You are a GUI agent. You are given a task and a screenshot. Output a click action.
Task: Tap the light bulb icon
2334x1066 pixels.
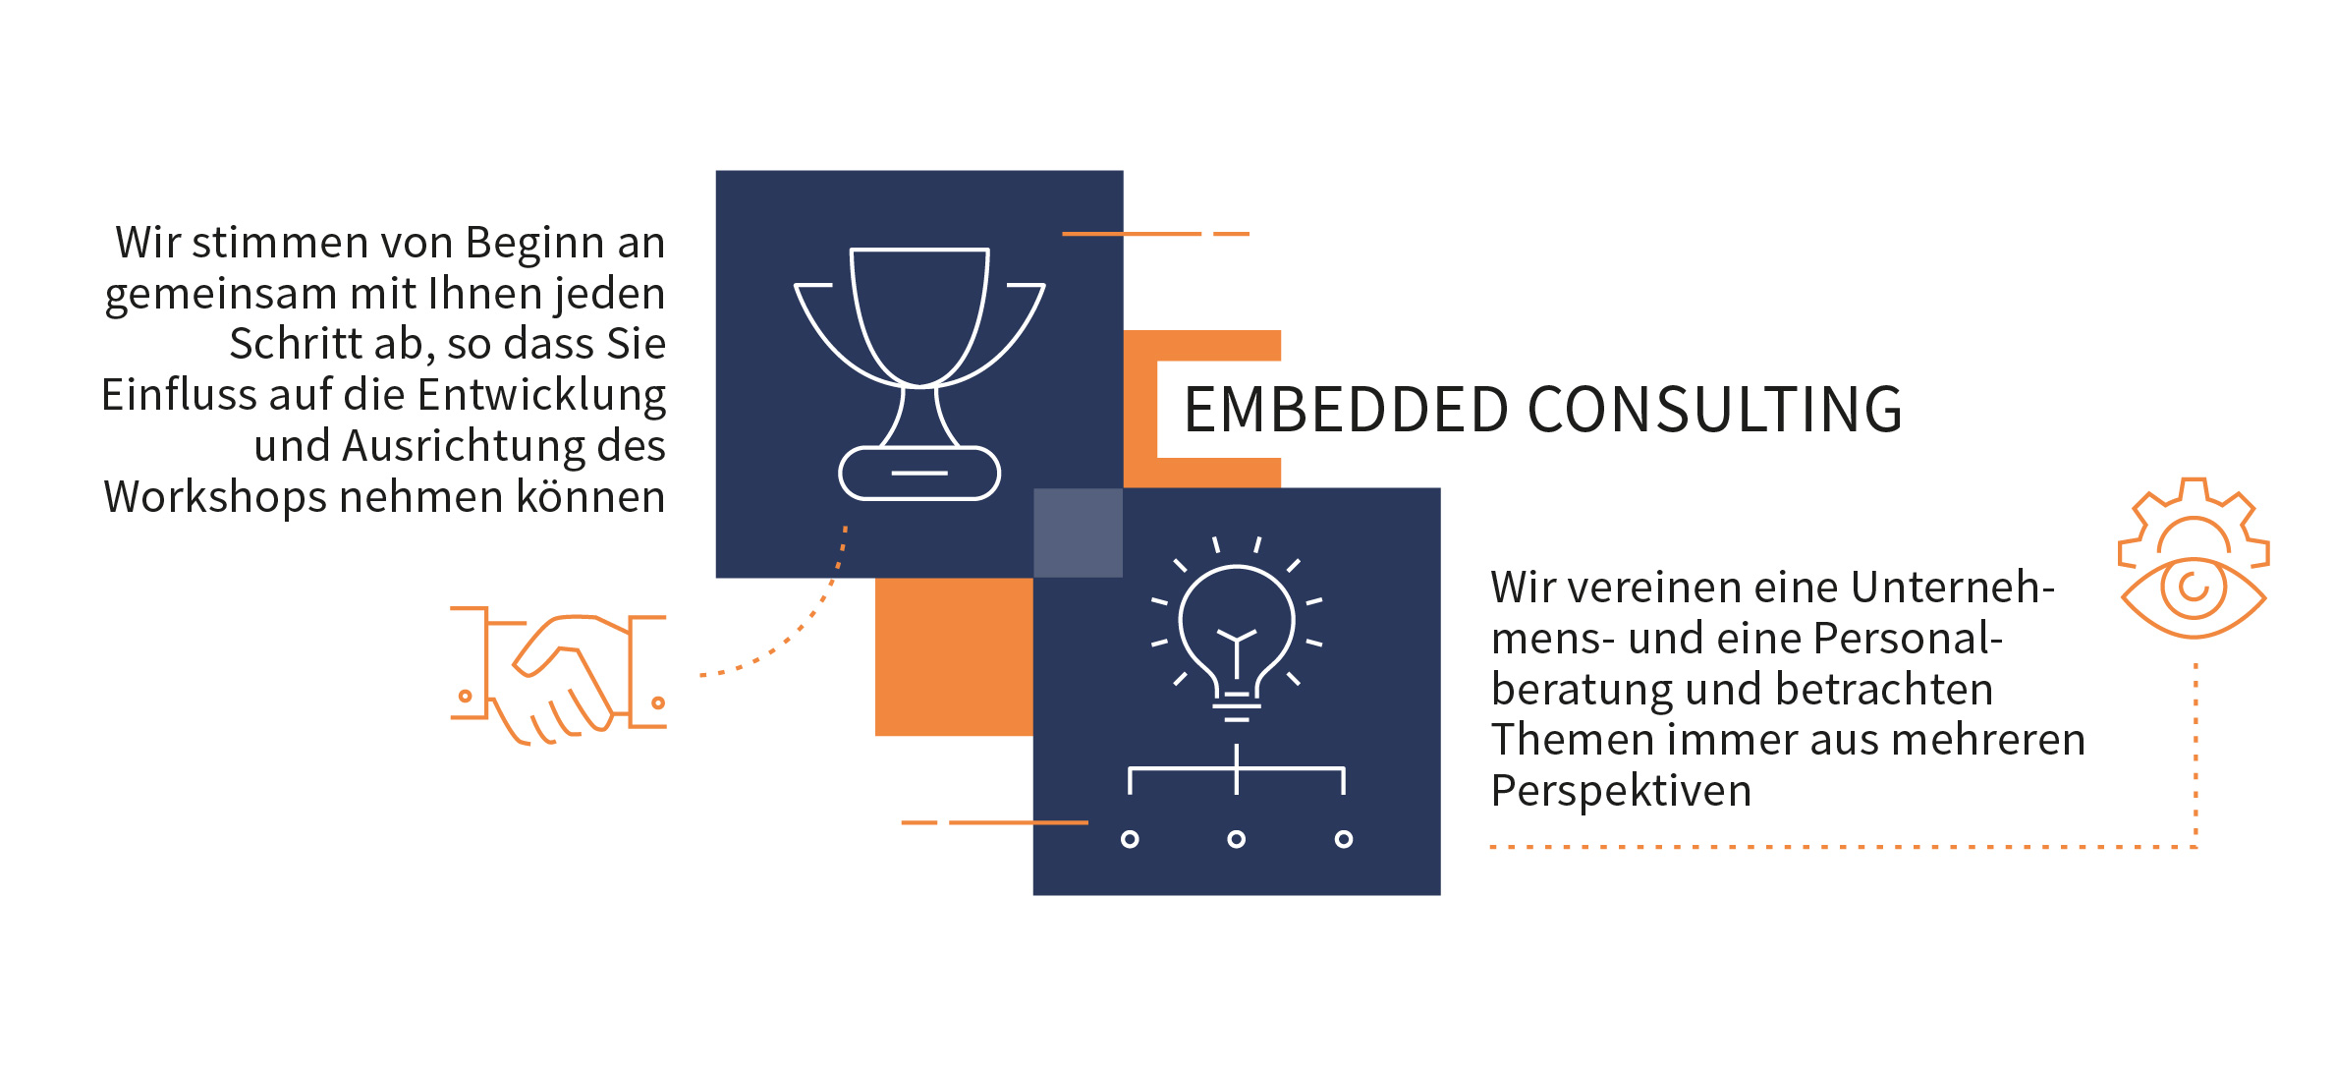pos(1237,629)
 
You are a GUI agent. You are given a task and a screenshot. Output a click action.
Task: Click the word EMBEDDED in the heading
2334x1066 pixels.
pos(1345,410)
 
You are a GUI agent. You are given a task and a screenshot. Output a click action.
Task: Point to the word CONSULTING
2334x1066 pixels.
pos(1715,410)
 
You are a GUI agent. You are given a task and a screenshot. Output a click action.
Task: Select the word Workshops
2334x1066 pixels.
pos(214,497)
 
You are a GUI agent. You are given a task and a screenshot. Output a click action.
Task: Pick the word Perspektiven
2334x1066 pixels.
pos(1621,791)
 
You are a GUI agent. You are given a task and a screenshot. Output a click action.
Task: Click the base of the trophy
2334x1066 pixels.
pos(919,474)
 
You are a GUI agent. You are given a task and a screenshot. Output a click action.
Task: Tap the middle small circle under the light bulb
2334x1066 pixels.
pos(1237,839)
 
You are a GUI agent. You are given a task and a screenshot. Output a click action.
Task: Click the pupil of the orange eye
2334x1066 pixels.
pos(2194,588)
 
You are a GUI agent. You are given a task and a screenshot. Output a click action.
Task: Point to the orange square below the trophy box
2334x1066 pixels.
pos(953,656)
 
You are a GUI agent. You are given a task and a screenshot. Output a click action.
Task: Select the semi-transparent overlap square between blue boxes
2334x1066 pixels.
pos(1078,533)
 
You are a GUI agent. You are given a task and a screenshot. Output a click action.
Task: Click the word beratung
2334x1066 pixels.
pos(1581,690)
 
